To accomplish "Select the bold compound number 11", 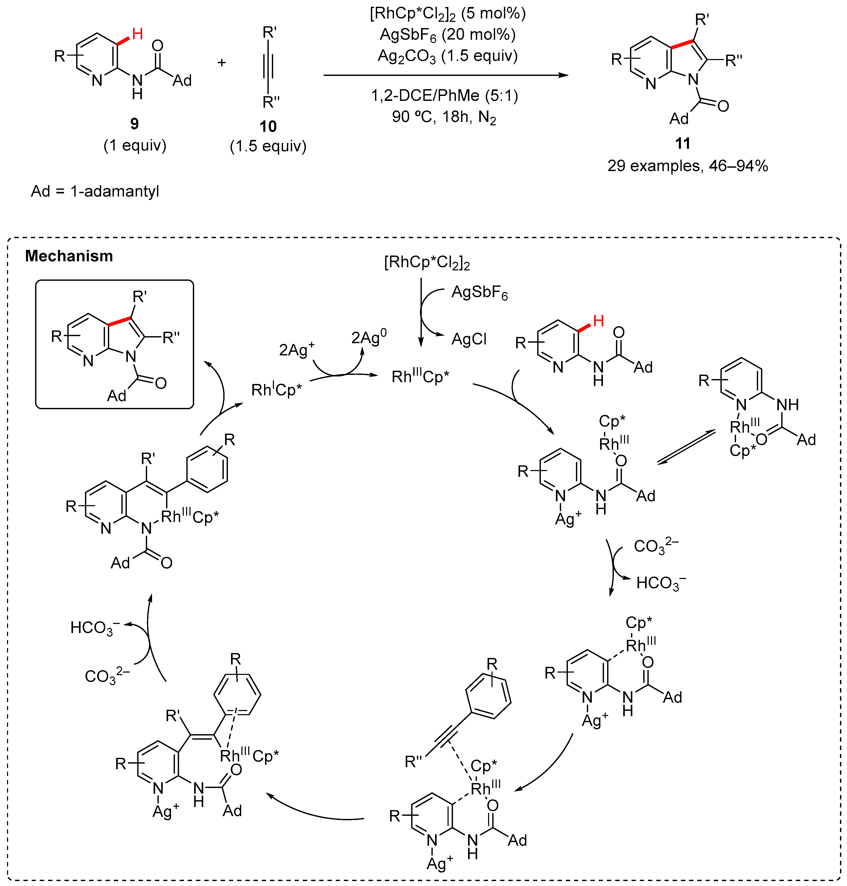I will click(682, 144).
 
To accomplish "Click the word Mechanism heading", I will click(69, 256).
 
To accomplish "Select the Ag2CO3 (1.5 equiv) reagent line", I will click(448, 56).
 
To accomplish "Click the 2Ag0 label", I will click(369, 337).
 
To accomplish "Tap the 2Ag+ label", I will click(296, 349).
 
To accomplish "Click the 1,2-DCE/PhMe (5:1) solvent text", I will click(444, 95).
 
